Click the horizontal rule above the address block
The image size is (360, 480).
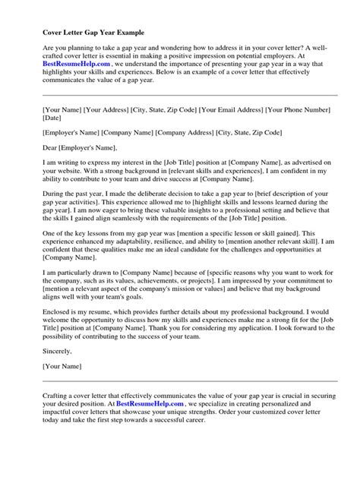coord(180,96)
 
